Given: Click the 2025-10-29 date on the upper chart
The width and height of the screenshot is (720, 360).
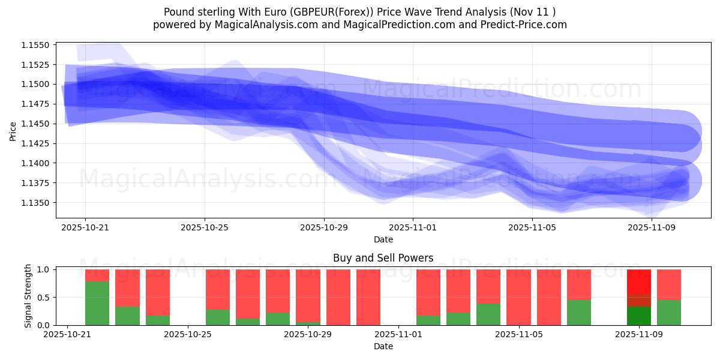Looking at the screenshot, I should click(324, 227).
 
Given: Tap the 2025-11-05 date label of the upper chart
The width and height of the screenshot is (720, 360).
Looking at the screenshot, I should click(532, 227).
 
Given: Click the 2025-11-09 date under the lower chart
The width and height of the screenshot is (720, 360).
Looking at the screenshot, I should click(640, 335).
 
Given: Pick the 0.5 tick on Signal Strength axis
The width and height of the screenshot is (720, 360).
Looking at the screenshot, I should click(44, 298).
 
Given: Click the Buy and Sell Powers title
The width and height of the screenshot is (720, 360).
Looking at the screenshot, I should click(383, 259).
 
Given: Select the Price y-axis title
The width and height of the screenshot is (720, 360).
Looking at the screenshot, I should click(13, 130).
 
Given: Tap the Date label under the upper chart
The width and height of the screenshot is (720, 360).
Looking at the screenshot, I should click(383, 239).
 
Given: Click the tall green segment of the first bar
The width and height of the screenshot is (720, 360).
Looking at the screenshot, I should click(97, 304).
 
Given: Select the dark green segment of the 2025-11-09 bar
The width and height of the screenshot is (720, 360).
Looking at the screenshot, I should click(639, 316).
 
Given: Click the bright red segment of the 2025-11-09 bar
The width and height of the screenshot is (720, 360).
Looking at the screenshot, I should click(639, 281).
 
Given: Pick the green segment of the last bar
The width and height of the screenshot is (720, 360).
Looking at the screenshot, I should click(669, 313).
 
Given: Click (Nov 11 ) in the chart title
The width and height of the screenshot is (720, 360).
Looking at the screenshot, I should click(534, 12).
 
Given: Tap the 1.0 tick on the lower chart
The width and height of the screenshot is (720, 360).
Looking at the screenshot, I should click(44, 269).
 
